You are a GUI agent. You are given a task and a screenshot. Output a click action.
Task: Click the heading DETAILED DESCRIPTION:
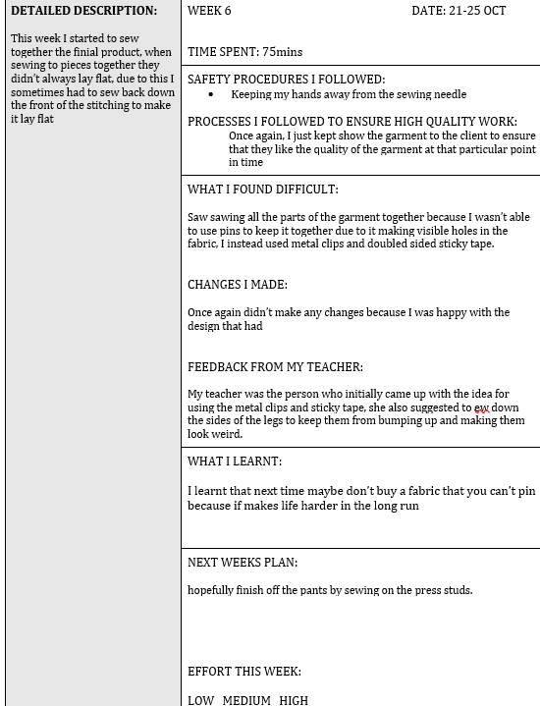(83, 11)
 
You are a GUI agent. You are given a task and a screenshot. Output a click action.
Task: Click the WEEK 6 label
(209, 11)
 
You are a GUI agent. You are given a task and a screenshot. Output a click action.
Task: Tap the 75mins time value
(282, 52)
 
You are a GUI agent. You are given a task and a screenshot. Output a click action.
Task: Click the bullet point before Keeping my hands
(211, 95)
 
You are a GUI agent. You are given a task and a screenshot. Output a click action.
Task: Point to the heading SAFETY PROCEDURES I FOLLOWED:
(286, 80)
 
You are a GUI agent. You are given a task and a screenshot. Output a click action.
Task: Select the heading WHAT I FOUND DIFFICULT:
(262, 190)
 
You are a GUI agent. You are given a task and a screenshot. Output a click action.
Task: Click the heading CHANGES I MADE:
(237, 285)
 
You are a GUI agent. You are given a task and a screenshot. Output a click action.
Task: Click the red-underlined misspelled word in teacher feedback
(481, 407)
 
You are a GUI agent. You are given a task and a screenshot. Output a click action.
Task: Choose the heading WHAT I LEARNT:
(234, 462)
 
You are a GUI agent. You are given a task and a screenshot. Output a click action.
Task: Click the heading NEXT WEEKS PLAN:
(242, 563)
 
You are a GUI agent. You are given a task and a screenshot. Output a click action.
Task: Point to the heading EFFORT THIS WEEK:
(243, 672)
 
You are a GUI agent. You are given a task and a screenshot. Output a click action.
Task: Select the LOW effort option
(201, 700)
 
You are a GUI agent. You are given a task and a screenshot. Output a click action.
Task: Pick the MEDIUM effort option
(246, 700)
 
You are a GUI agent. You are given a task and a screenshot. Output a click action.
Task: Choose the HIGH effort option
(294, 700)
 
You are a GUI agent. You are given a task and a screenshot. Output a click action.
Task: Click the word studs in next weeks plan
(458, 590)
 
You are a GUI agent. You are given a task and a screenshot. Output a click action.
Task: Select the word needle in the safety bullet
(449, 95)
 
